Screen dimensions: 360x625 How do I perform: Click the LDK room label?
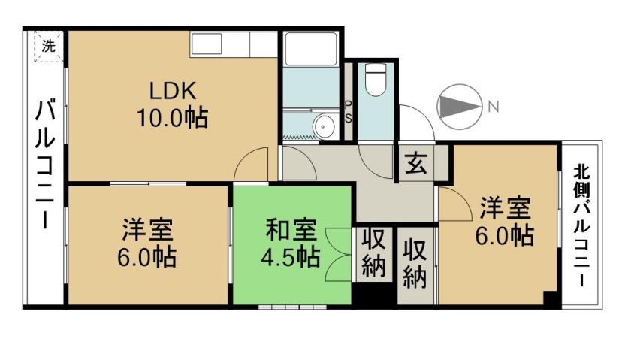coord(172,92)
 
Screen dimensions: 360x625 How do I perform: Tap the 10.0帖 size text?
coord(172,118)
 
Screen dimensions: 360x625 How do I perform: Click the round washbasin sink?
coord(325,126)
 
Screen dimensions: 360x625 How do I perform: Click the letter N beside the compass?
coord(493,107)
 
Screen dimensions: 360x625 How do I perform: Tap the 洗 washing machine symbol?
coord(49,45)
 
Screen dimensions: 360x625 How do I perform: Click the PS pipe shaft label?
coord(349,112)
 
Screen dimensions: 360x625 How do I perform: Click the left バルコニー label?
coord(45,165)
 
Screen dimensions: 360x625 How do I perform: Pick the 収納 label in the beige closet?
coord(414,264)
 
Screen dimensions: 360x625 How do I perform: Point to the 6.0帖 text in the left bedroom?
coord(147,256)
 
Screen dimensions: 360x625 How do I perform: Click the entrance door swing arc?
coord(417,120)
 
